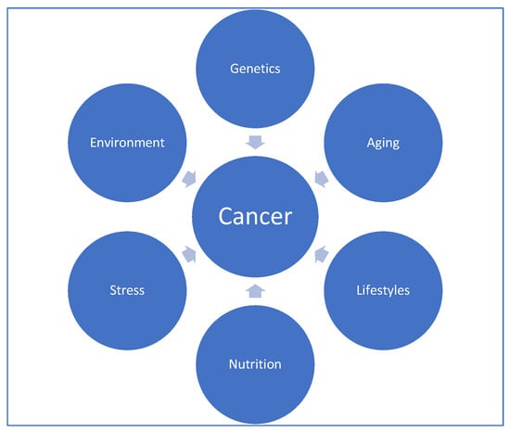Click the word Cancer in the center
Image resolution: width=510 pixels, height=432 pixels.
[255, 216]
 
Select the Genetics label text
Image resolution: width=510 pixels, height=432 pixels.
[255, 69]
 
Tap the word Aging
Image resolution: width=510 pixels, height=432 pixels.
[383, 144]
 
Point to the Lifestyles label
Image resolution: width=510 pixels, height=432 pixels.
[383, 290]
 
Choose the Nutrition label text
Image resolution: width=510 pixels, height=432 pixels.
[255, 364]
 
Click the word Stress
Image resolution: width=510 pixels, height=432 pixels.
[127, 290]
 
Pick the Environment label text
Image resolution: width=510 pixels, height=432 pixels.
[127, 143]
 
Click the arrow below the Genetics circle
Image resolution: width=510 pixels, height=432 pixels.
[255, 143]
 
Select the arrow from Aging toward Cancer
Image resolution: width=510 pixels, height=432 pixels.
[322, 179]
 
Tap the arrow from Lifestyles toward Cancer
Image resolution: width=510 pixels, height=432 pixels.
[322, 254]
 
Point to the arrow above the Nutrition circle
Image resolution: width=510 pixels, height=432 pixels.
[255, 291]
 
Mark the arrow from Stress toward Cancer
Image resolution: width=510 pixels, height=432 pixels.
[189, 254]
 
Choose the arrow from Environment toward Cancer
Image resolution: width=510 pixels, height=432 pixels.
[189, 179]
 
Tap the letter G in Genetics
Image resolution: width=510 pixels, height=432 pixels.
[234, 69]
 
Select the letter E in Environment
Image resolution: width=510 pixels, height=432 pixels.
[93, 143]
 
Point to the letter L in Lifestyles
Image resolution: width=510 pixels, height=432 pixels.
[359, 290]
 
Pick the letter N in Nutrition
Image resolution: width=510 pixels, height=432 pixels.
[233, 364]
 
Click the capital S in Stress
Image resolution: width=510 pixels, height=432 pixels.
[113, 290]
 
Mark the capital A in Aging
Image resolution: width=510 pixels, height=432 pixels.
[371, 143]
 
